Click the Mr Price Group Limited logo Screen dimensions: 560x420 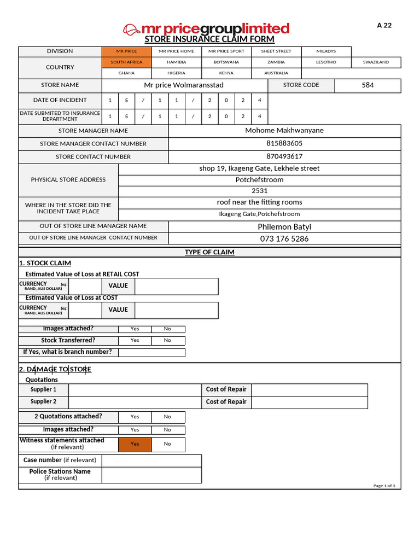(x=206, y=28)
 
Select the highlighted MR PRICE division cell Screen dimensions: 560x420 (x=126, y=51)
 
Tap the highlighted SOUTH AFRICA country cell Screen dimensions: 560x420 (x=126, y=62)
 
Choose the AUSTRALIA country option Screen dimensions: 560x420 (x=276, y=73)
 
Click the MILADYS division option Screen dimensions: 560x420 (x=326, y=51)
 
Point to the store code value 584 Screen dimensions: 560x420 (x=367, y=85)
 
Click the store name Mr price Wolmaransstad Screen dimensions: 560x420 (x=184, y=85)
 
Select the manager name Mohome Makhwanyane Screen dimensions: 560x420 (x=284, y=131)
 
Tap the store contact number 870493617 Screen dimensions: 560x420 (x=284, y=156)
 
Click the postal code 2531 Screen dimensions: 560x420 (x=259, y=191)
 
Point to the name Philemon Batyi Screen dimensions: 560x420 (x=284, y=226)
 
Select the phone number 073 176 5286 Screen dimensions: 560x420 (x=284, y=238)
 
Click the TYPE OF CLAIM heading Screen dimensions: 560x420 (x=209, y=252)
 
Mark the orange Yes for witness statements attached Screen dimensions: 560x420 (x=135, y=444)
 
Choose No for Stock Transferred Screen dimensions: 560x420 (x=167, y=340)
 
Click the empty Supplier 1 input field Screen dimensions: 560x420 (x=135, y=389)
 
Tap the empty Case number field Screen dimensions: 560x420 (x=151, y=460)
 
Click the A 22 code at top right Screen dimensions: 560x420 (x=384, y=25)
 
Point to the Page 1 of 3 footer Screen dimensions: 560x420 (x=384, y=486)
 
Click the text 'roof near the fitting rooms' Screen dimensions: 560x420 (x=259, y=202)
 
